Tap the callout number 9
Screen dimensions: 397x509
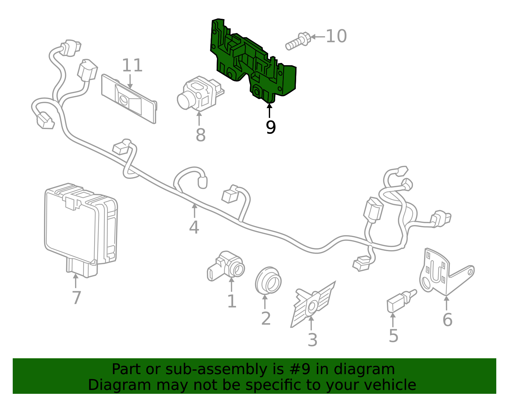click(270, 127)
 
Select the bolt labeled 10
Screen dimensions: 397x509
click(297, 41)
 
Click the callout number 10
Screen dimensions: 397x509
click(336, 36)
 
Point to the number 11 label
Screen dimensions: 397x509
click(132, 65)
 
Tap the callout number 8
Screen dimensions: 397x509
click(200, 135)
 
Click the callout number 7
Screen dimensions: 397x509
click(76, 298)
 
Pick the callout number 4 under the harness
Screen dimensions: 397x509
click(194, 228)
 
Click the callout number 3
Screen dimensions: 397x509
click(312, 340)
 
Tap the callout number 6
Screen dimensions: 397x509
click(447, 320)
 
